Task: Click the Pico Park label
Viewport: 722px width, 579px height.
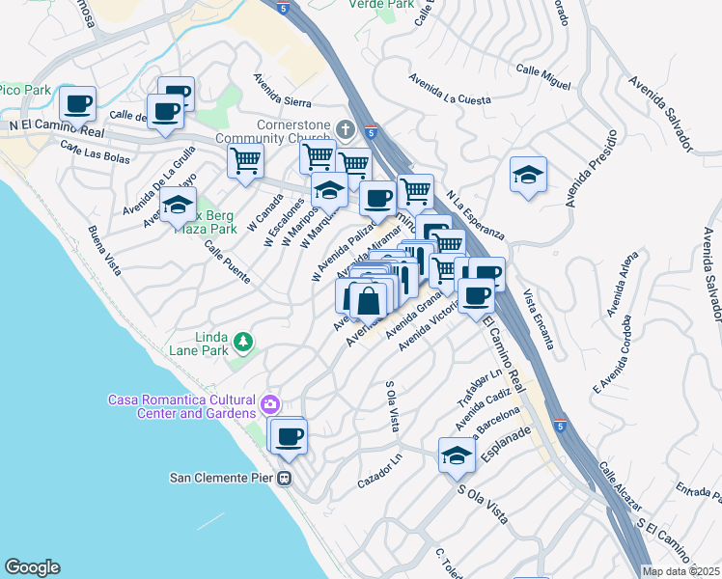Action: (25, 90)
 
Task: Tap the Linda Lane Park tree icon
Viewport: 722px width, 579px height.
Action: (243, 340)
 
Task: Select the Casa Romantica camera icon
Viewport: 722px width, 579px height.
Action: (270, 402)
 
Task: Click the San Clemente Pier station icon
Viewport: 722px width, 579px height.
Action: (285, 478)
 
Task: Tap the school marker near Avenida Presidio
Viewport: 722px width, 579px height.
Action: (528, 175)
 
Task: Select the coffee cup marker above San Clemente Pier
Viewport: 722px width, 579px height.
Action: (288, 435)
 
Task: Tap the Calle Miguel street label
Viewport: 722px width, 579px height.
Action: (543, 75)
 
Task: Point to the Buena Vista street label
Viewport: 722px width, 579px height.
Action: (103, 249)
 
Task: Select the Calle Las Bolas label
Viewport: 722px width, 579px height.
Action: (96, 158)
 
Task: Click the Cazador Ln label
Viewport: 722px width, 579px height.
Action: (378, 470)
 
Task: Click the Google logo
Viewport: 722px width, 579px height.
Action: (32, 567)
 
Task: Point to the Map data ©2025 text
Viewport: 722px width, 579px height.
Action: (681, 571)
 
